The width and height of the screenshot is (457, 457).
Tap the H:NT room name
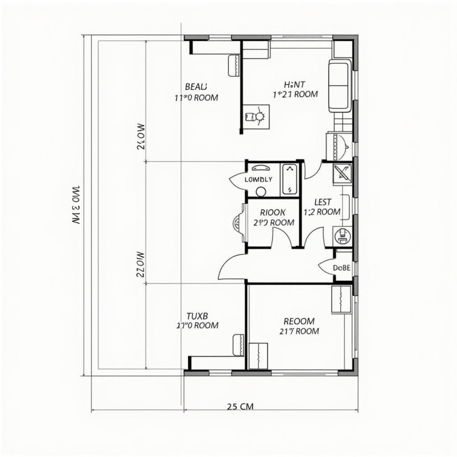click(x=295, y=83)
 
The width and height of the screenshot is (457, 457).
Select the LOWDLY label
click(x=258, y=179)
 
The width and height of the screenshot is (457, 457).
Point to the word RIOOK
click(x=273, y=212)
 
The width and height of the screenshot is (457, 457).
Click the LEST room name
click(x=323, y=202)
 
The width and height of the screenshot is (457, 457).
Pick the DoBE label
click(x=342, y=268)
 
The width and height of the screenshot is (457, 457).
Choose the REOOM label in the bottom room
click(x=299, y=321)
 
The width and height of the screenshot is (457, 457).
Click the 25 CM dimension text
click(x=240, y=406)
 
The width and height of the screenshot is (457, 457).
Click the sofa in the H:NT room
click(x=339, y=86)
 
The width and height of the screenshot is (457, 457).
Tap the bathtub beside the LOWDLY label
click(x=290, y=179)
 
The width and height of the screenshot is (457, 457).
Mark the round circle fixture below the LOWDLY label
click(x=261, y=192)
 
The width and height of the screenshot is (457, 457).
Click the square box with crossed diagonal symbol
click(x=343, y=174)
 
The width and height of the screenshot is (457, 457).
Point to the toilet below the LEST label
click(x=342, y=235)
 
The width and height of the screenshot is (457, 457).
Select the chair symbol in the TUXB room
click(x=238, y=345)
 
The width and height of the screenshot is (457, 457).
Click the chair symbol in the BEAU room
click(x=233, y=66)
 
